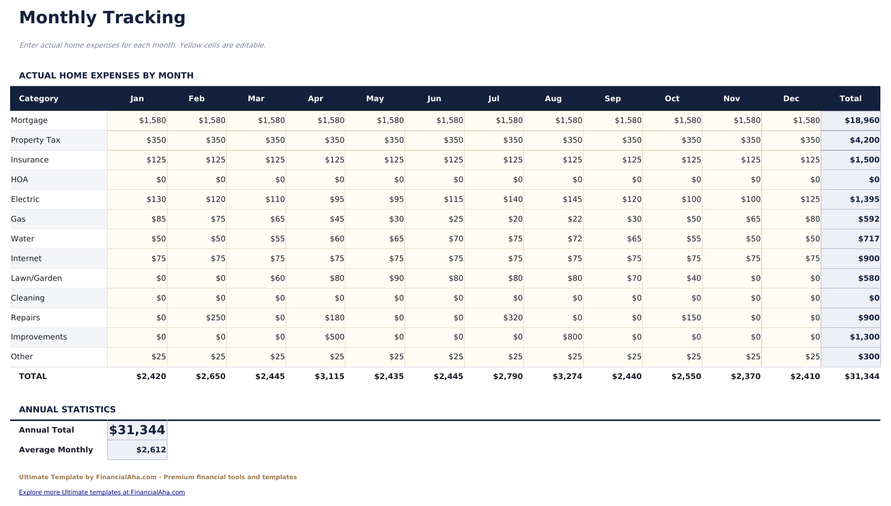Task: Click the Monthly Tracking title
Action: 102,18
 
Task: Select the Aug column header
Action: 553,99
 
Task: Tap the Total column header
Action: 850,99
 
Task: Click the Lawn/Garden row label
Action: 36,278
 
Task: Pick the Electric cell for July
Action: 494,199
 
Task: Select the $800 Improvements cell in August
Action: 553,337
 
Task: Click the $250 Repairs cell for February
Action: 197,318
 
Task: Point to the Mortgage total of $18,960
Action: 851,120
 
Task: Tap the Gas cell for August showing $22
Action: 553,219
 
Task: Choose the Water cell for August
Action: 553,239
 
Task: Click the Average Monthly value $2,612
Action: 138,450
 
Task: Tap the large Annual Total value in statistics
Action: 137,430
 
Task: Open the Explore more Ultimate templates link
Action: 102,492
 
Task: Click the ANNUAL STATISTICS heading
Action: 67,409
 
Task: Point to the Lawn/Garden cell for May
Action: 375,278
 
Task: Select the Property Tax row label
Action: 35,140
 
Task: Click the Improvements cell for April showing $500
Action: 316,337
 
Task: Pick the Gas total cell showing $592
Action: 851,219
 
